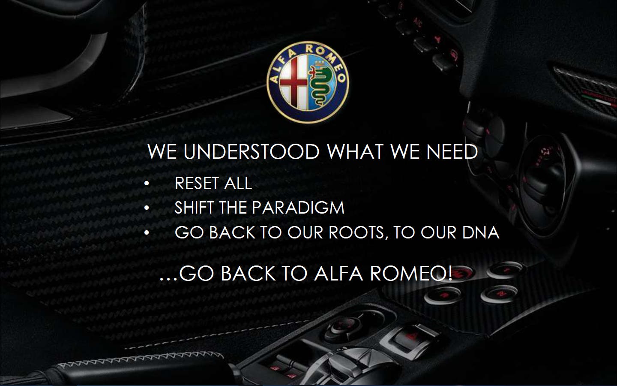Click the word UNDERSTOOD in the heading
(252, 151)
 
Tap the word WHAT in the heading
(355, 151)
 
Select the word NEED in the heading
(452, 151)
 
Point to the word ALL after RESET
(238, 183)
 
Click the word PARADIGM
(298, 208)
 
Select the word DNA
(481, 232)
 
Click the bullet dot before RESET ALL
(147, 184)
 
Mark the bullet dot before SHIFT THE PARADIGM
(147, 208)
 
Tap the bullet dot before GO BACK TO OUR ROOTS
(147, 233)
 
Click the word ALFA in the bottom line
(338, 274)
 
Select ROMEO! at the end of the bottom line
(411, 274)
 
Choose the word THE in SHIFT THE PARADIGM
(233, 208)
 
